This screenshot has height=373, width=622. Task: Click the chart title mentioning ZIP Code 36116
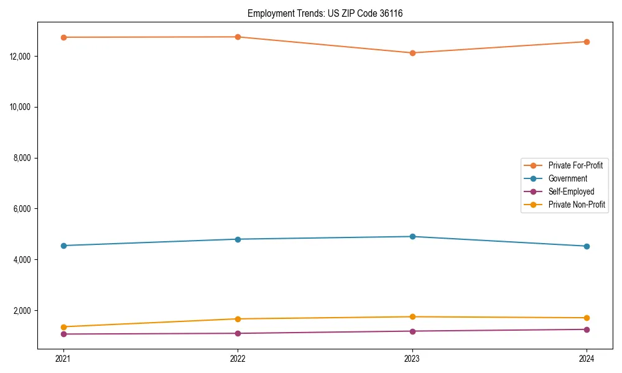click(325, 13)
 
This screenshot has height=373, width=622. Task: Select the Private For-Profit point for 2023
click(412, 53)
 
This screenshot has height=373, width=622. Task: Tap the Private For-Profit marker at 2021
click(63, 37)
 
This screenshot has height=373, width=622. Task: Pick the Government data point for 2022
click(238, 239)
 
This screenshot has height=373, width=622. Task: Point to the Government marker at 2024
click(587, 246)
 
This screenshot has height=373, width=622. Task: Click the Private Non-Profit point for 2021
click(63, 327)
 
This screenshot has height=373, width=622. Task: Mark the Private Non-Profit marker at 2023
click(412, 317)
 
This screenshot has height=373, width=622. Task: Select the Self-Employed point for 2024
click(587, 329)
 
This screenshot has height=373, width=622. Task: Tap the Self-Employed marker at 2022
click(238, 333)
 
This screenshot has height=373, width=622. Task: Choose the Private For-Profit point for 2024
click(587, 42)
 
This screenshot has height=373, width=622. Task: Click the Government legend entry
click(567, 178)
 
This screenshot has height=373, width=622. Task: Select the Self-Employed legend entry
click(571, 191)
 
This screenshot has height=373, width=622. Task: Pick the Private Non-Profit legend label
click(577, 205)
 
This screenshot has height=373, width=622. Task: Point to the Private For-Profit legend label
click(575, 165)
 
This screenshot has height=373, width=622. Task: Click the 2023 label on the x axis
click(412, 359)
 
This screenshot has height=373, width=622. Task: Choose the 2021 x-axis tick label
click(63, 359)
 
